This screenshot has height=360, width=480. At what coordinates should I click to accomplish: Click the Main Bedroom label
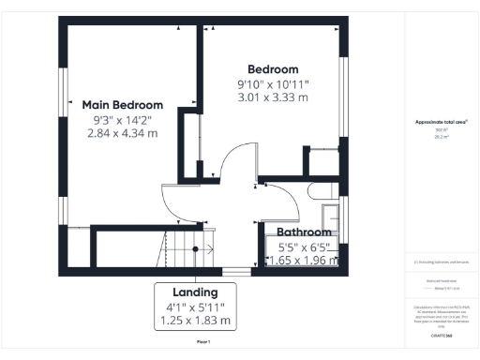pos(122,105)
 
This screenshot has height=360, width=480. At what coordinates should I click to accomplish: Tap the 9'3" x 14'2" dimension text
pos(122,120)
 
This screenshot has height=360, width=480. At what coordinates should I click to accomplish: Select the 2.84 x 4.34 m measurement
pos(122,135)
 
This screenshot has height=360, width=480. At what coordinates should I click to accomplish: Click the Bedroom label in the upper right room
pos(273,69)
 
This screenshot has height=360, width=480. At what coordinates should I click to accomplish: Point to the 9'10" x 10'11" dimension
pos(273,84)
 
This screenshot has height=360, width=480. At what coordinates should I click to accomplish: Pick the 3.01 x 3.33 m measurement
pos(273,98)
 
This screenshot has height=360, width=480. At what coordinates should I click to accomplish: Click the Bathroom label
pos(303,232)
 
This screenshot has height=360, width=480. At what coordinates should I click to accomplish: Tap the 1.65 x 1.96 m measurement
pos(303,261)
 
